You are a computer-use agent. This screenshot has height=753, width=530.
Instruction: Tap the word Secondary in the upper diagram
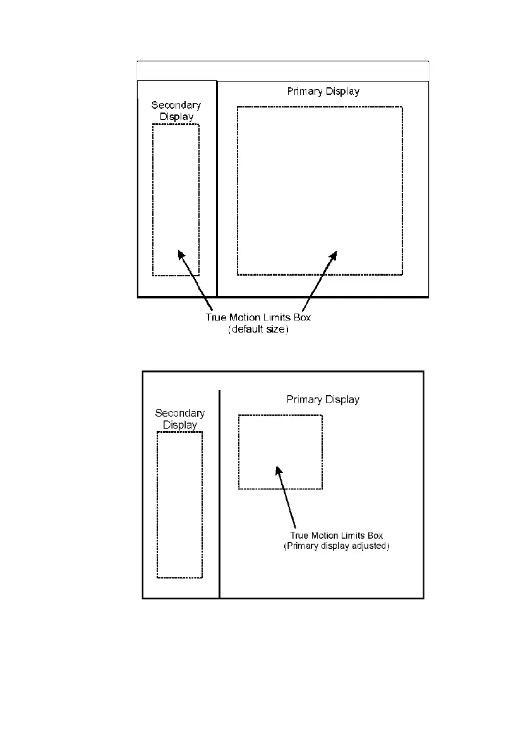[176, 106]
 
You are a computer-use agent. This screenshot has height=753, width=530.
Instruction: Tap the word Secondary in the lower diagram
[180, 413]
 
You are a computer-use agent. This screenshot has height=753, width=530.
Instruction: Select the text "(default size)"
[258, 329]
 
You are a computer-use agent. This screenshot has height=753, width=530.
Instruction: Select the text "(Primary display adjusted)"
[335, 546]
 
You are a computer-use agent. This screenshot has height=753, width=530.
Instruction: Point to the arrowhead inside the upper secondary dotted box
[181, 254]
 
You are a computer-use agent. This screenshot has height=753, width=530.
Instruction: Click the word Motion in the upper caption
[244, 318]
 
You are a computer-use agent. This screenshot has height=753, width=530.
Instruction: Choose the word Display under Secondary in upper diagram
[176, 116]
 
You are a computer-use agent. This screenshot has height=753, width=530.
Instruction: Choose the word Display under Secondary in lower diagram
[180, 425]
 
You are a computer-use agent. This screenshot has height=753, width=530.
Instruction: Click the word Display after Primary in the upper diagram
[342, 92]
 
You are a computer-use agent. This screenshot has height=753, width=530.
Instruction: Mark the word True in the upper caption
[217, 318]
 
